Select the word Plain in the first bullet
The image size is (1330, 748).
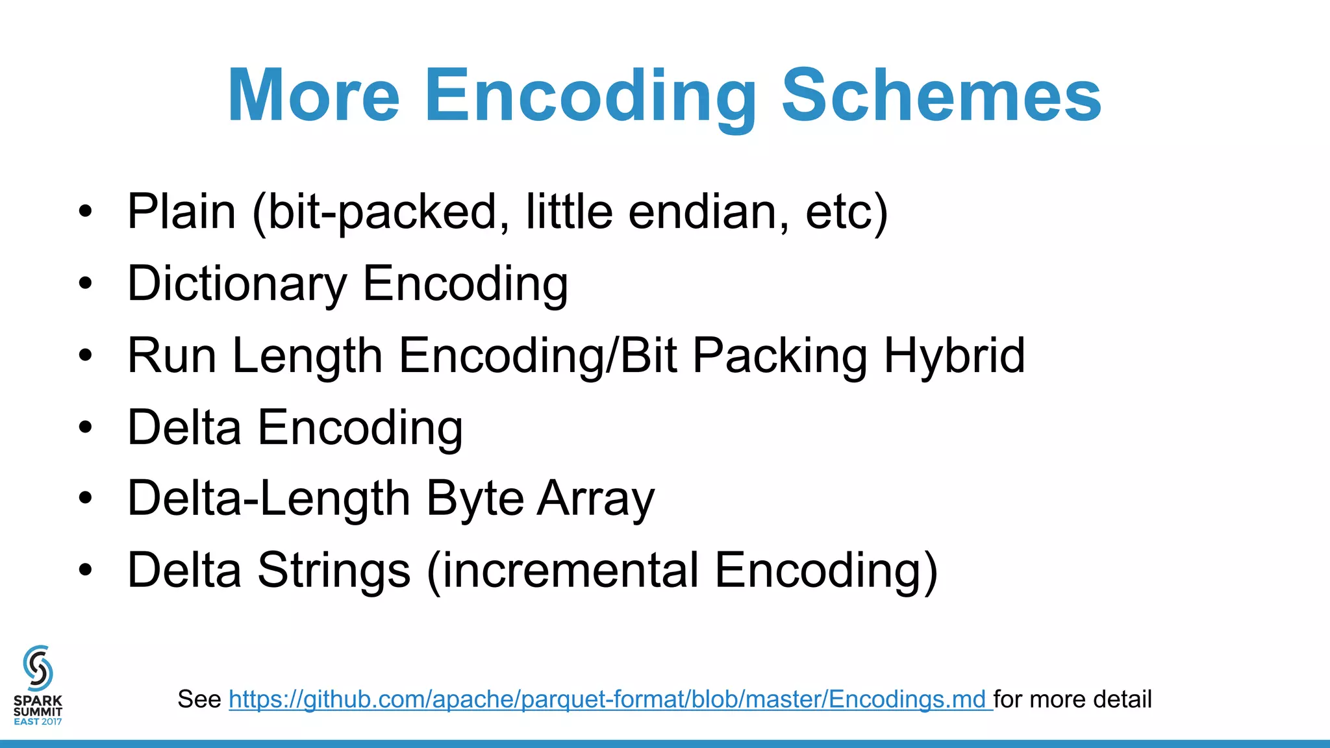(x=181, y=212)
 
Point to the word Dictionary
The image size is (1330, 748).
(x=237, y=284)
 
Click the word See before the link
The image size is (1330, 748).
(x=199, y=699)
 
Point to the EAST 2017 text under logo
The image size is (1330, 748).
(x=38, y=721)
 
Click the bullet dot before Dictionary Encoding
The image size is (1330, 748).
(x=85, y=284)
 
